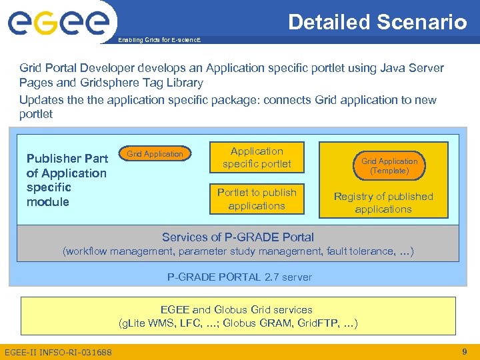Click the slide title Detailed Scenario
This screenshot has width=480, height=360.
click(x=377, y=22)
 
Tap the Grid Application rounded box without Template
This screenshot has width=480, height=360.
click(x=155, y=154)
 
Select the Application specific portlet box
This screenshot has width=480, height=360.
click(x=257, y=157)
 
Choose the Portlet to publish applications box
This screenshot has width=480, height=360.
click(x=257, y=199)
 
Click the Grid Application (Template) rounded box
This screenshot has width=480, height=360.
click(x=389, y=166)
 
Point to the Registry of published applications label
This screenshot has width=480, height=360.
click(x=383, y=203)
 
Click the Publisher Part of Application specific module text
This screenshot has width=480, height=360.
click(x=66, y=180)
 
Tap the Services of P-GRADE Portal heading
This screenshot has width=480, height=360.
click(x=238, y=237)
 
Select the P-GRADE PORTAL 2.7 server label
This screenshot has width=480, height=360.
click(x=239, y=277)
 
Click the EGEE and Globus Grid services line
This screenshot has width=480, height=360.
click(x=237, y=309)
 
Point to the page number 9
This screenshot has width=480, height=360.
click(x=464, y=351)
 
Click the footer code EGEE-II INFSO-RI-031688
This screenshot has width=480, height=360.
click(x=58, y=351)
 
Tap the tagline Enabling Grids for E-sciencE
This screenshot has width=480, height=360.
click(x=159, y=41)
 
